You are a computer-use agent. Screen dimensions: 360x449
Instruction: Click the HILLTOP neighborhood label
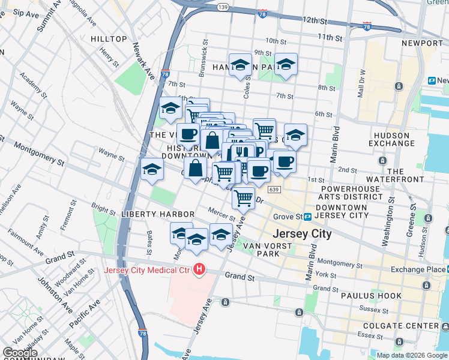[109, 39]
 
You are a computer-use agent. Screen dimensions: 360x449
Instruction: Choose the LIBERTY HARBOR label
[157, 214]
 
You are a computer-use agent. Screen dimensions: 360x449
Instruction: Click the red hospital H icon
[200, 271]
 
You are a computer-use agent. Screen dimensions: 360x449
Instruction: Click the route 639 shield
[274, 190]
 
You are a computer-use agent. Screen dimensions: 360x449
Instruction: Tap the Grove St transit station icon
[307, 217]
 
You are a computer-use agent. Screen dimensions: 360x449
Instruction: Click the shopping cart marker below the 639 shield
[243, 197]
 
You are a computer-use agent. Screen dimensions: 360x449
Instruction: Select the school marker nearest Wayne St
[152, 169]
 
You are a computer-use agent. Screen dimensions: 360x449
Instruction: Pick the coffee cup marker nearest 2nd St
[285, 161]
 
